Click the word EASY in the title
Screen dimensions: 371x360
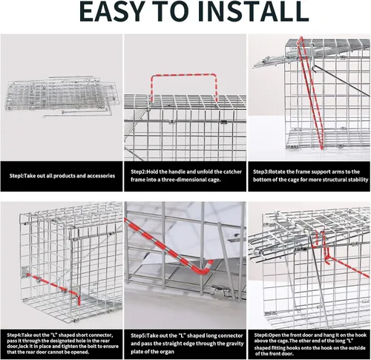pyautogui.click(x=112, y=11)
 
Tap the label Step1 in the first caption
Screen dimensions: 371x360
pyautogui.click(x=16, y=176)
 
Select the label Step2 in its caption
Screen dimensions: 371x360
pyautogui.click(x=138, y=171)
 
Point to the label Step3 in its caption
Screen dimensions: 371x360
pyautogui.click(x=260, y=171)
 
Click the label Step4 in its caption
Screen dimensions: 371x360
pyautogui.click(x=14, y=336)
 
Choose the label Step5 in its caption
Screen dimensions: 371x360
pyautogui.click(x=138, y=336)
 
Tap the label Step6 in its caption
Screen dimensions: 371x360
pyautogui.click(x=261, y=336)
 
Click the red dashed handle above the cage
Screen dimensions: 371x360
pyautogui.click(x=183, y=74)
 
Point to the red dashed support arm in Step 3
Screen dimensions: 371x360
pyautogui.click(x=311, y=94)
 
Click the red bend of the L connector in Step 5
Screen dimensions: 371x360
pyautogui.click(x=206, y=270)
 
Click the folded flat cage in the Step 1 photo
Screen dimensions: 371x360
pyautogui.click(x=62, y=96)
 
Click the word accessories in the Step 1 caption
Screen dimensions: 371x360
pyautogui.click(x=101, y=176)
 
